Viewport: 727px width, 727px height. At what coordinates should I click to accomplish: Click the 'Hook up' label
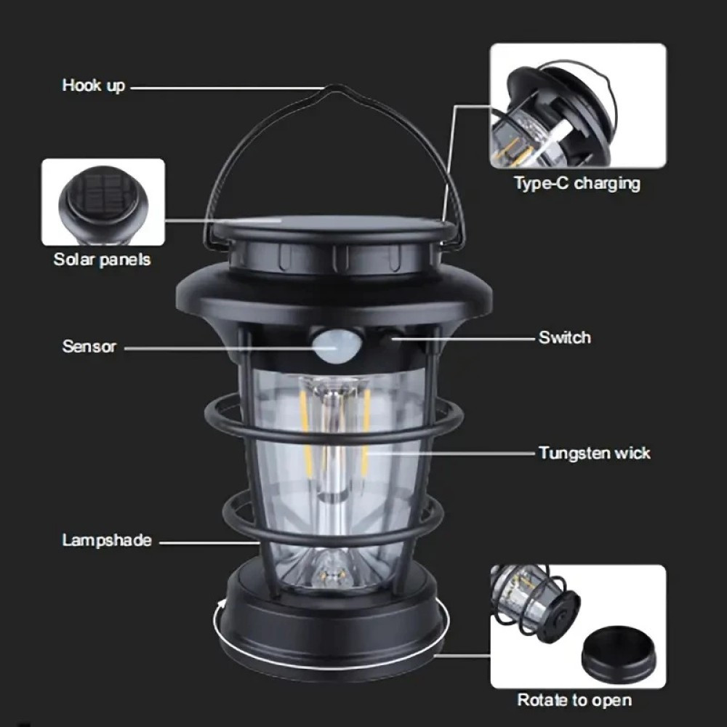coord(94,85)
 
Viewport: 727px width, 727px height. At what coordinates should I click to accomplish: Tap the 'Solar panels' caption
coord(102,260)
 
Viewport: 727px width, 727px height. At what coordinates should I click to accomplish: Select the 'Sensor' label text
coord(89,346)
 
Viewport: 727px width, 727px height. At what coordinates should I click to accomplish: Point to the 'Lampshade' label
coord(107,540)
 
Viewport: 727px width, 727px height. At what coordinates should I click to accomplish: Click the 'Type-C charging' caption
coord(577,183)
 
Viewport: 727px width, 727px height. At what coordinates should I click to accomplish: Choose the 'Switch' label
coord(565,337)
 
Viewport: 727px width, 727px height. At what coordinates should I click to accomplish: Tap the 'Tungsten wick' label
coord(595,453)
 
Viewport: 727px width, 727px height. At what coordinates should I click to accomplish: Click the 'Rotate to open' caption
coord(574,699)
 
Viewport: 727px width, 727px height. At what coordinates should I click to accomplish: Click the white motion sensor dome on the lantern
coord(332,345)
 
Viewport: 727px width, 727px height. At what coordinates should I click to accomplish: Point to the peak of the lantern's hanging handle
coord(336,87)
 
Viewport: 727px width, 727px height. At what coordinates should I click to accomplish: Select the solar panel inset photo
coord(103,202)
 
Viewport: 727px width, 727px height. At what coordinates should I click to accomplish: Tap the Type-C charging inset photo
coord(578,105)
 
